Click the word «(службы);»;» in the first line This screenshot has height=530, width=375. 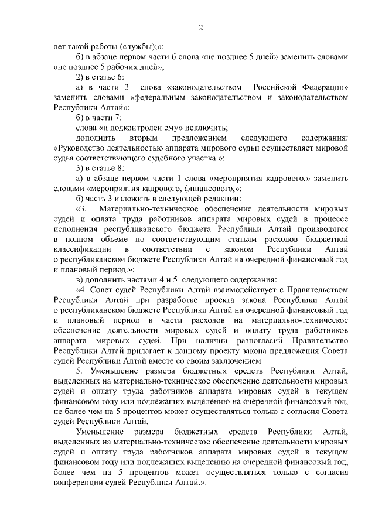pyautogui.click(x=137, y=46)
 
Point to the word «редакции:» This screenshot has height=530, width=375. pyautogui.click(x=222, y=199)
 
